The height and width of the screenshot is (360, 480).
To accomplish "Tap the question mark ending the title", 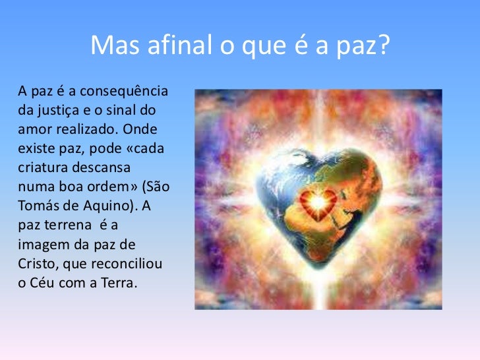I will pos(383,45).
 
